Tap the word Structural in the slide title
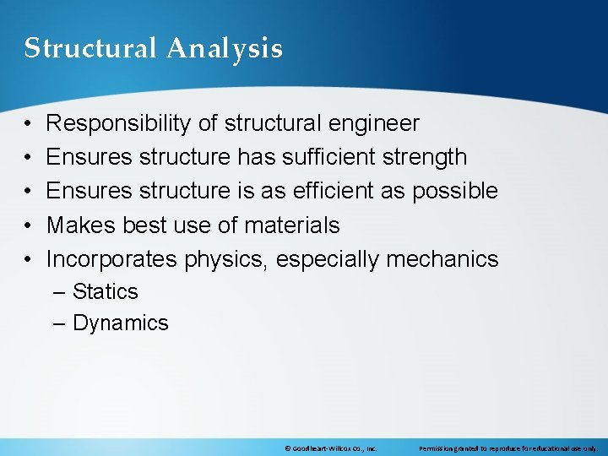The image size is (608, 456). click(x=91, y=49)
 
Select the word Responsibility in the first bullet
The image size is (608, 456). click(x=119, y=124)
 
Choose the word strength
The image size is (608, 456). click(x=425, y=157)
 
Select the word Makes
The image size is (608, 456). click(x=81, y=225)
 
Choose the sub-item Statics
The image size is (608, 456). click(x=105, y=292)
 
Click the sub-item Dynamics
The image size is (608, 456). click(x=121, y=323)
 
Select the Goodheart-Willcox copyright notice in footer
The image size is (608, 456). click(x=331, y=448)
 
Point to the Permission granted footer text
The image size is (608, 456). click(x=508, y=448)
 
